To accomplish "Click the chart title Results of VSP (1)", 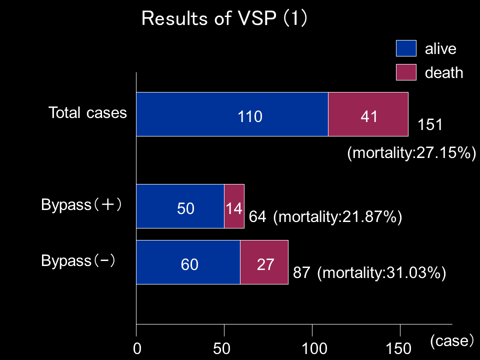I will (x=224, y=18).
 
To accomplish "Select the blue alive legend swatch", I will (x=406, y=48).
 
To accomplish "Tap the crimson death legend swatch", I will (x=406, y=72).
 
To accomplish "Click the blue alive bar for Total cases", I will (x=232, y=114).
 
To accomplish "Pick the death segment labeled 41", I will (x=368, y=114).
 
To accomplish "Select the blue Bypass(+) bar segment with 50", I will (x=180, y=206).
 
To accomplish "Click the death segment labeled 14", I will (x=234, y=206).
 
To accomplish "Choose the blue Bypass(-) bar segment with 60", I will (x=188, y=262).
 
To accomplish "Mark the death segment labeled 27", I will (x=264, y=262).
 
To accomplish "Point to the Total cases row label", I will (x=87, y=112).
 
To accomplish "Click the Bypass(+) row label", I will (x=81, y=205).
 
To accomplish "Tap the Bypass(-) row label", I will (x=78, y=261).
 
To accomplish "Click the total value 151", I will (x=430, y=124).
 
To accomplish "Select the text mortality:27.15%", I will (x=411, y=153).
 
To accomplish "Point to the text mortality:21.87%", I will (x=338, y=217).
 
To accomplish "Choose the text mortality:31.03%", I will (x=381, y=273).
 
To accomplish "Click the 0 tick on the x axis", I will (x=136, y=348).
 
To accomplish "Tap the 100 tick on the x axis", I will (x=312, y=348).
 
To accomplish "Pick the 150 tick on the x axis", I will (x=399, y=348).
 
